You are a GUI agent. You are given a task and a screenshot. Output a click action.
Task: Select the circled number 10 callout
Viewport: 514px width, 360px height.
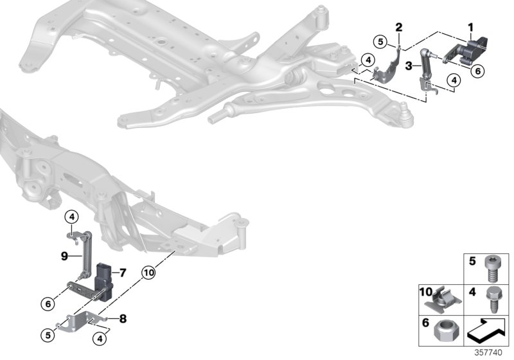(x=149, y=273)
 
